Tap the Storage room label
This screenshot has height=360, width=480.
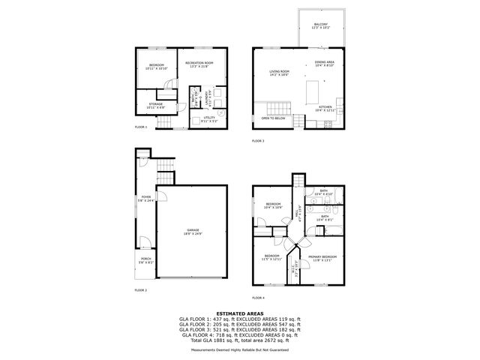pos(155,104)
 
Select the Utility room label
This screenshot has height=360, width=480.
pos(209,118)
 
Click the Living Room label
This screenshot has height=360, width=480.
pos(280,72)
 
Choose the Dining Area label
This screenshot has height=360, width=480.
pos(324,62)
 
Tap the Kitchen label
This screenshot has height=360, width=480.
pos(325,107)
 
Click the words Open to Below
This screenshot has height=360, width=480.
pos(273,118)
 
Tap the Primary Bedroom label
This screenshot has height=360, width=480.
pos(322,257)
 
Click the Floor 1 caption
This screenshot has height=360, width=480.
pos(140,127)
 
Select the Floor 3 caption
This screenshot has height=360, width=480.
pos(258,140)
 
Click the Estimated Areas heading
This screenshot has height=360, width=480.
pos(239,313)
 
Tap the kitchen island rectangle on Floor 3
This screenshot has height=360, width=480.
pos(313,92)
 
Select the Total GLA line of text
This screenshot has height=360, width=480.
pos(239,340)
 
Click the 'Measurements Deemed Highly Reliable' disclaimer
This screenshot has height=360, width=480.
pos(239,349)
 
